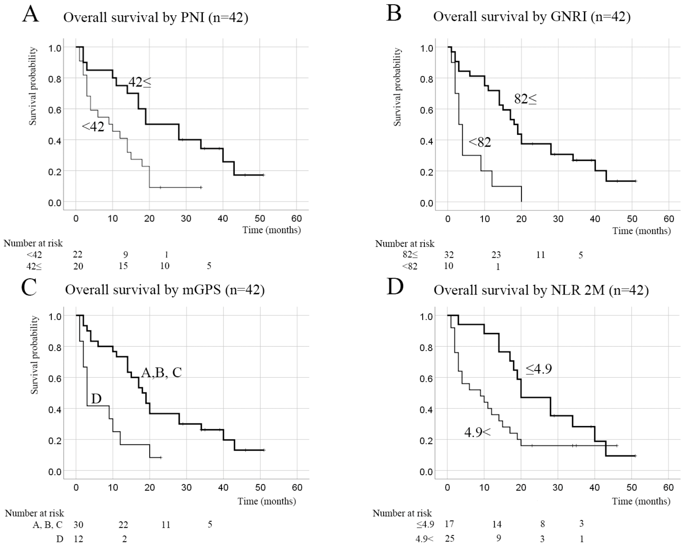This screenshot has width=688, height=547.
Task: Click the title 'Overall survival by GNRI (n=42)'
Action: pyautogui.click(x=532, y=17)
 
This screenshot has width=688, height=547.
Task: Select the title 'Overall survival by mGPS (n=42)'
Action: pyautogui.click(x=165, y=290)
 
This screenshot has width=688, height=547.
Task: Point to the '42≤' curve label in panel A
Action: pyautogui.click(x=140, y=82)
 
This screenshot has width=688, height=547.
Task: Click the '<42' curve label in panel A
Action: pyautogui.click(x=93, y=127)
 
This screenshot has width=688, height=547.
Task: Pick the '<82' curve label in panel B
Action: pyautogui.click(x=480, y=142)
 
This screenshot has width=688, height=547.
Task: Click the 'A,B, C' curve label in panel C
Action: pyautogui.click(x=161, y=372)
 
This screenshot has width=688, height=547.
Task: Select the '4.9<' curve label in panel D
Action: pyautogui.click(x=477, y=432)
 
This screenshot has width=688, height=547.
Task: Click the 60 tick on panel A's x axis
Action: pyautogui.click(x=297, y=219)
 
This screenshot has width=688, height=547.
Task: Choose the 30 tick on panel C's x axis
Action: pyautogui.click(x=186, y=488)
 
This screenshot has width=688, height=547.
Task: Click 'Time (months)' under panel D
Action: pyautogui.click(x=641, y=501)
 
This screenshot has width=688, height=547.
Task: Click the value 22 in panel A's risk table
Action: pyautogui.click(x=78, y=254)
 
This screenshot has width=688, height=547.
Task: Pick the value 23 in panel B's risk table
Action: pyautogui.click(x=496, y=255)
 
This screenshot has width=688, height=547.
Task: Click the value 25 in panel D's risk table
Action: pyautogui.click(x=450, y=538)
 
